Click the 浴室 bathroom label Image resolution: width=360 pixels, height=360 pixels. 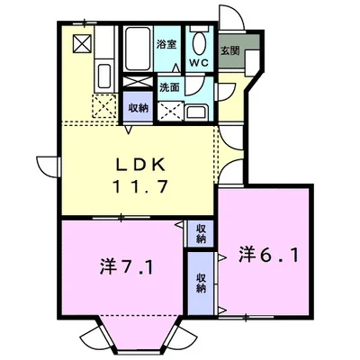166,44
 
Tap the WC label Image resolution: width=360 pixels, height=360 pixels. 199,63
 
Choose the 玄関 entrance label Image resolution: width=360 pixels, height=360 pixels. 231,50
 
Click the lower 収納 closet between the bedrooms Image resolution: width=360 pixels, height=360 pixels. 200,284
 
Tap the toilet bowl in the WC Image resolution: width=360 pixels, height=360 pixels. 200,43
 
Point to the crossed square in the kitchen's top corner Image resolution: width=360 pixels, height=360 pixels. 81,43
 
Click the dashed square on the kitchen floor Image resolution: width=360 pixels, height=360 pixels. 103,106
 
